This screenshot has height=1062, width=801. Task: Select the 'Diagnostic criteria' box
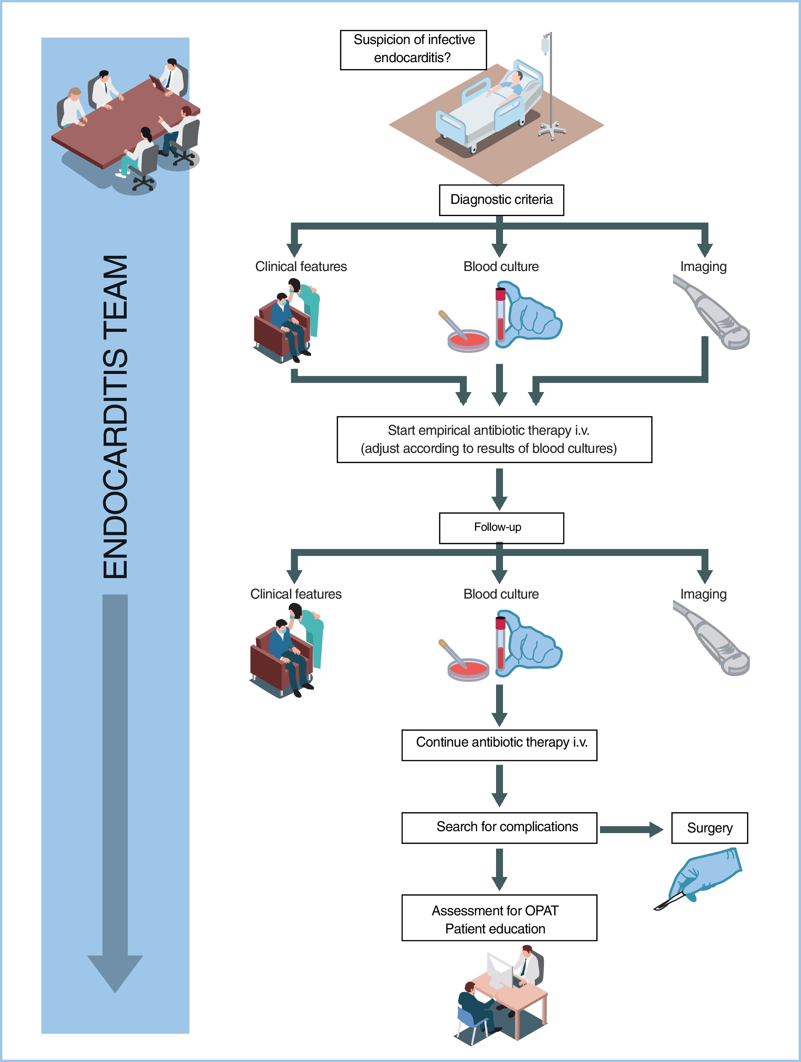click(x=501, y=200)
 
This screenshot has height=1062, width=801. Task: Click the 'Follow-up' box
click(x=501, y=528)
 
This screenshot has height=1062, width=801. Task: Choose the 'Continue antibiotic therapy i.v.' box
click(x=499, y=745)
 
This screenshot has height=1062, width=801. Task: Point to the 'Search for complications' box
click(x=499, y=827)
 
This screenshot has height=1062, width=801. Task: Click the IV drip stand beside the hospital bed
click(x=550, y=86)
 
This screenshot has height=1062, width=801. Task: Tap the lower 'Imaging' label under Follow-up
click(x=703, y=594)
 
